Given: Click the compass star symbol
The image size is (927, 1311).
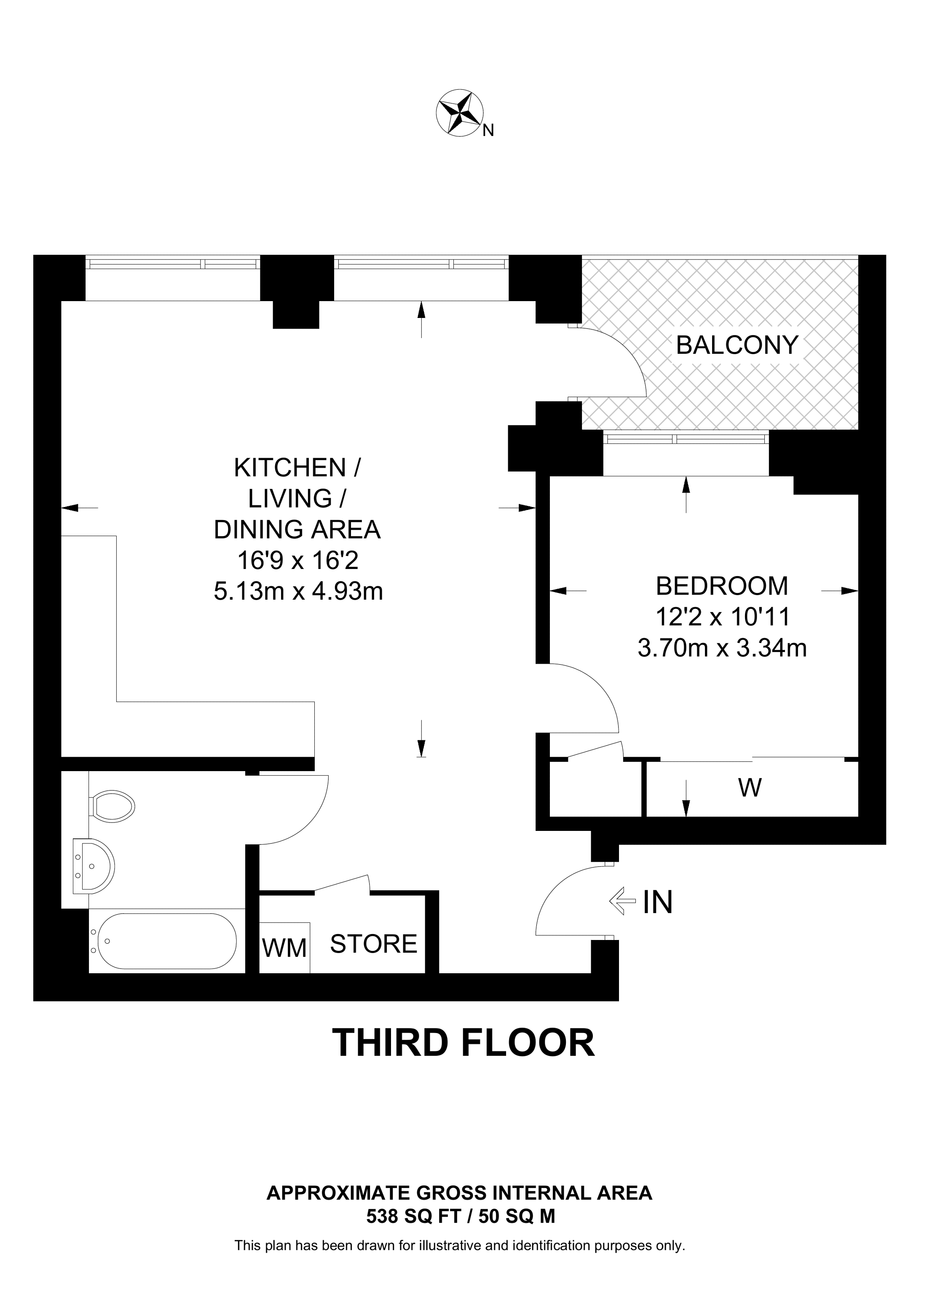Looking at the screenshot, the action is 460,112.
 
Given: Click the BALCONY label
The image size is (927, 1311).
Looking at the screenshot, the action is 737,345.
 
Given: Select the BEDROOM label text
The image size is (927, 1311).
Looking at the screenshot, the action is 722,586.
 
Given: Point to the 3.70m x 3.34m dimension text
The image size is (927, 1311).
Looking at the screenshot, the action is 722,648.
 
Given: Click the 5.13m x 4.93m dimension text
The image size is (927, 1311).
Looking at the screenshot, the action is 298,592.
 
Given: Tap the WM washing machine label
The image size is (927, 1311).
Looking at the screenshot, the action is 284,948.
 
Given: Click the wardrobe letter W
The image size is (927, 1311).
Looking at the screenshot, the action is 750,788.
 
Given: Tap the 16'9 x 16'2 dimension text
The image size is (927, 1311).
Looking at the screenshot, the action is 298,561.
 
